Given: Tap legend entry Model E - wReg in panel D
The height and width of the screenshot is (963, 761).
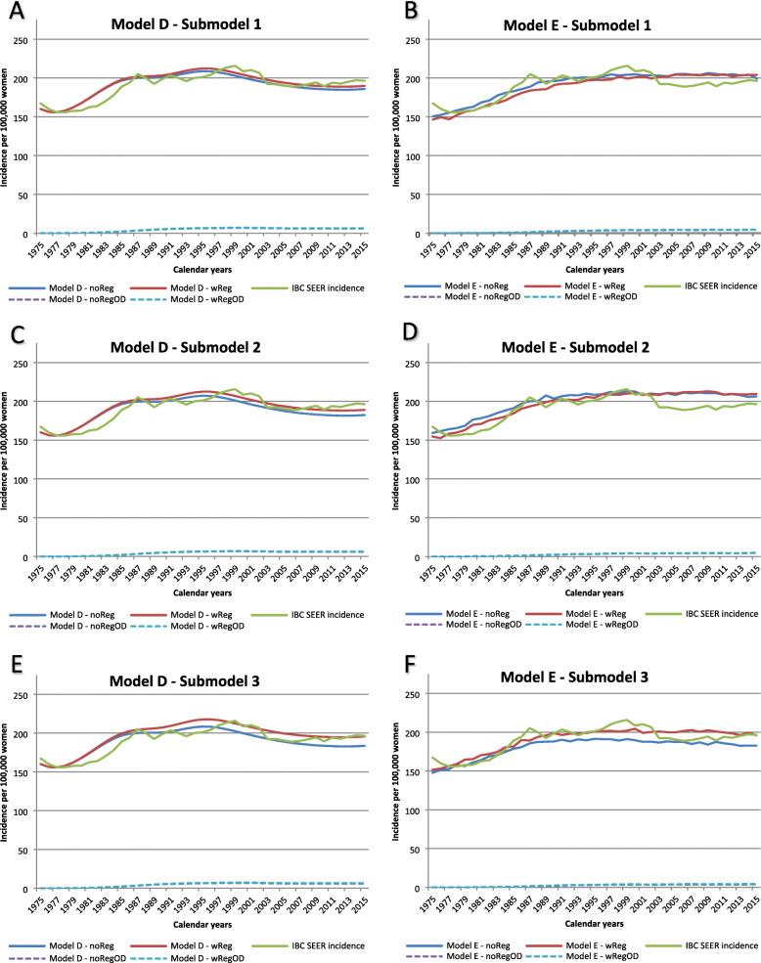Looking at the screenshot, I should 566,614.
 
